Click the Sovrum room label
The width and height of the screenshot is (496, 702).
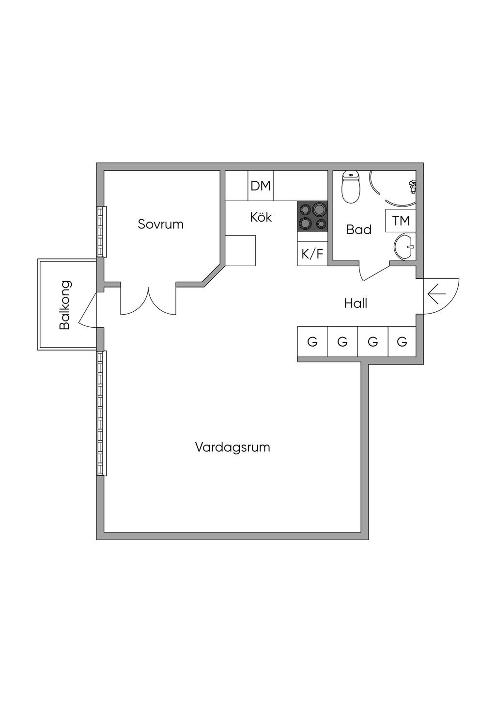[x=160, y=224]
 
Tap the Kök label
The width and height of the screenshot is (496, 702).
[x=261, y=217]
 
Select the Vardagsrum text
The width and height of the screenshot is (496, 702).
[x=232, y=447]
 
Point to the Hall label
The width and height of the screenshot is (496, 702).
[x=356, y=303]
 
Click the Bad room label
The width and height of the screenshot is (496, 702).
[x=359, y=230]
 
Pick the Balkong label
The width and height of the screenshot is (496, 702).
[x=65, y=305]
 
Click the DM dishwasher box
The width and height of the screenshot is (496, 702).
[x=261, y=186]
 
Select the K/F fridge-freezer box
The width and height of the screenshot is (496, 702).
[x=312, y=254]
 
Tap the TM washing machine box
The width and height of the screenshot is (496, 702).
[x=401, y=221]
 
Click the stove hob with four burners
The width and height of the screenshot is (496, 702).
[x=312, y=216]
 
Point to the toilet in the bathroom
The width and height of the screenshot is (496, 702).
[x=351, y=187]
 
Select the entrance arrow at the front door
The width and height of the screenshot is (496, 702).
[x=436, y=294]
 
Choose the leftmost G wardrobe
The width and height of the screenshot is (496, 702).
[x=312, y=342]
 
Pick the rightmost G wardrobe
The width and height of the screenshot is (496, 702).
[x=402, y=342]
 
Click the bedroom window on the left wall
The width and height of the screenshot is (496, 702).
[x=102, y=232]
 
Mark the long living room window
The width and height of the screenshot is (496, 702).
[x=102, y=413]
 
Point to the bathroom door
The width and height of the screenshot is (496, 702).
[x=374, y=272]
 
